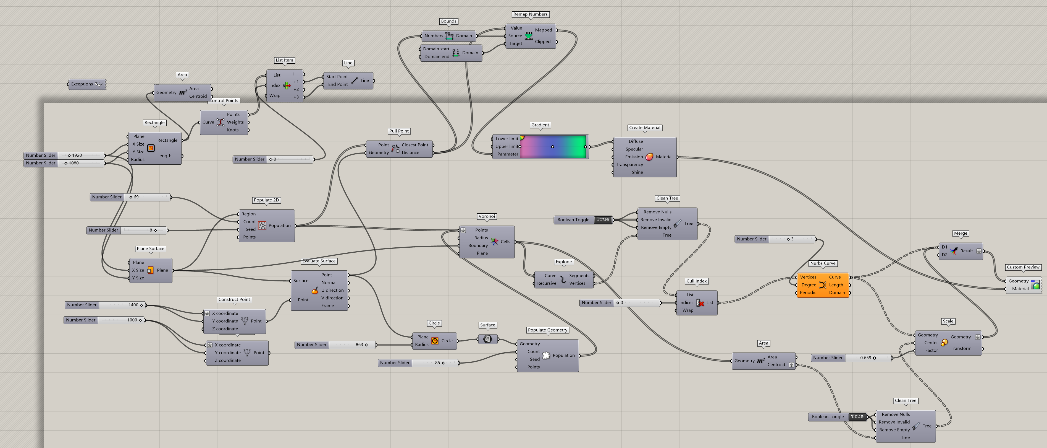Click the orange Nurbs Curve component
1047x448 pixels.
pos(822,285)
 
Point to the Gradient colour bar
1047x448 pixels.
pos(552,146)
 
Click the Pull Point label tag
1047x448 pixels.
pos(399,131)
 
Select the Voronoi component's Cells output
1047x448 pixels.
pos(505,242)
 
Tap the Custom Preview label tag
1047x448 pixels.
pos(1023,267)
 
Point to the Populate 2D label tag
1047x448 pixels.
pos(266,200)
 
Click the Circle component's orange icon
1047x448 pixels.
pos(434,341)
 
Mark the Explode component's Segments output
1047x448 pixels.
pos(579,276)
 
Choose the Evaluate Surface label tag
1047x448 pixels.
pos(319,261)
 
